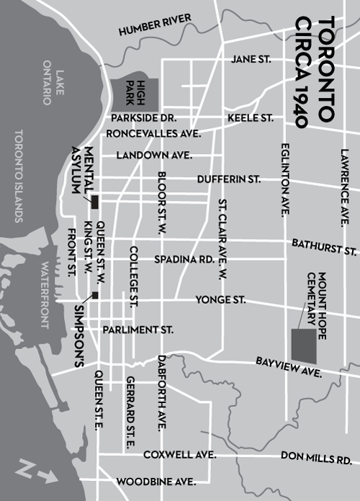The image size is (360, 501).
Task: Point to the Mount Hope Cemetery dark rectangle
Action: [303, 345]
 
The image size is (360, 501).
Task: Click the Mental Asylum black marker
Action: [94, 201]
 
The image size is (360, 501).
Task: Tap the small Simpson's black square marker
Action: [94, 294]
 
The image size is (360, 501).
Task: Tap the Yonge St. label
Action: [221, 299]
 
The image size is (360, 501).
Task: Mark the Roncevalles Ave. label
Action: [153, 134]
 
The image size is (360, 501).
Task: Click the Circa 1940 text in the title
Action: [303, 72]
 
